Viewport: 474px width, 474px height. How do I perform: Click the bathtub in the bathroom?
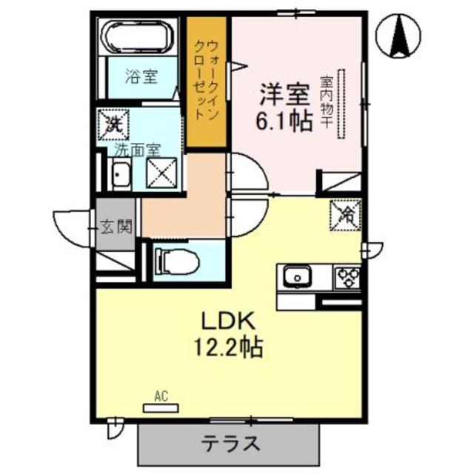coord(140,38)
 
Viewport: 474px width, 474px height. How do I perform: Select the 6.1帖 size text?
coord(284,122)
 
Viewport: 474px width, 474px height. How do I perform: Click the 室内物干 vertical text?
coord(325,101)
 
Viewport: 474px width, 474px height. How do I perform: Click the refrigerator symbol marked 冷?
coord(346,216)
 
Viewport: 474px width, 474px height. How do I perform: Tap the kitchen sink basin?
coord(298,278)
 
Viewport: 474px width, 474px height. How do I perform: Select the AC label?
coord(161,397)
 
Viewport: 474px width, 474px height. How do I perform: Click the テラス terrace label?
coord(231,444)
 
